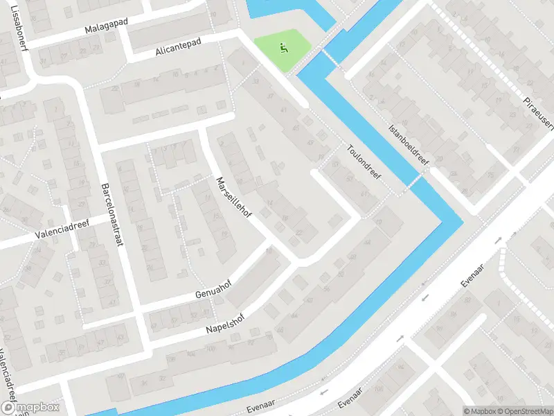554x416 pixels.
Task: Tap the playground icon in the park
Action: click(x=282, y=49)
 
